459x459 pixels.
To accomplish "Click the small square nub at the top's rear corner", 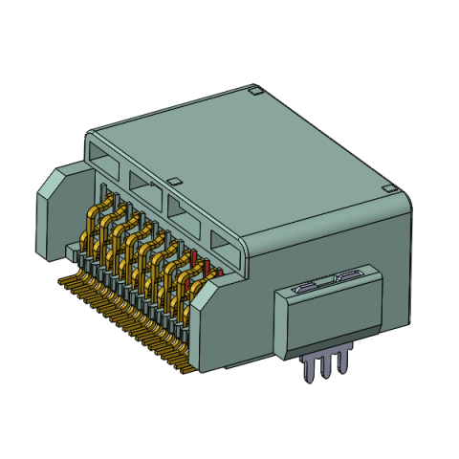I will (255, 92).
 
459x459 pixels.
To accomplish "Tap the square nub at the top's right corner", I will (387, 188).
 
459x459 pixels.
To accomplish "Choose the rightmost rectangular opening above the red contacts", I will (226, 246).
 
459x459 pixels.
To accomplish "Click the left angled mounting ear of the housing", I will (57, 210).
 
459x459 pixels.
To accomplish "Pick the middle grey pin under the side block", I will (324, 368).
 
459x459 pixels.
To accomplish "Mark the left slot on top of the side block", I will (305, 284).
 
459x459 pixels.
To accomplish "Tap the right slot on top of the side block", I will (344, 274).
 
